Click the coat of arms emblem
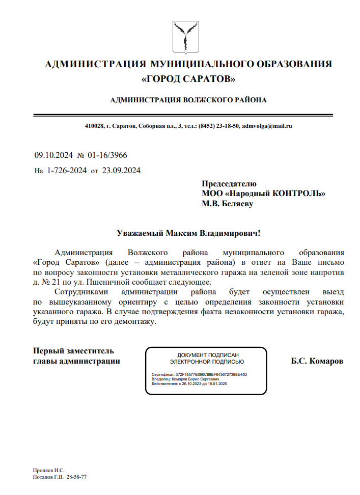coord(185,37)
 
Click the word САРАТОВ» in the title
coord(208,79)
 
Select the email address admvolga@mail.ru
coord(266,126)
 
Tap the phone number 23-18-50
coord(229,126)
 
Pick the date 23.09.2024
coord(121,171)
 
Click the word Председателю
coord(229,184)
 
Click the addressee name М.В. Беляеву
coord(228,204)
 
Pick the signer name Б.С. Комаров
coord(317,361)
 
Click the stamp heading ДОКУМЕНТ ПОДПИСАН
coord(207,354)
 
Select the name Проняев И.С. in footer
coord(49,470)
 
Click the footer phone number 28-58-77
coord(77,477)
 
